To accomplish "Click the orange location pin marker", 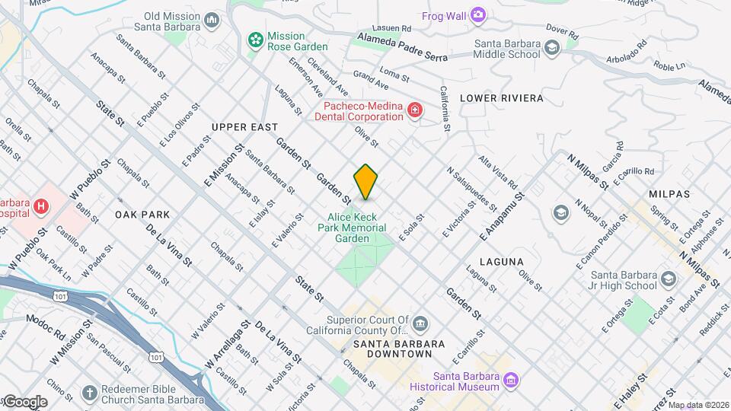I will (365, 182).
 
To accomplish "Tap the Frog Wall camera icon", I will (477, 14).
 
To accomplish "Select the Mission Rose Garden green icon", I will (255, 38).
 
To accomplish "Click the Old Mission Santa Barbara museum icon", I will (212, 20).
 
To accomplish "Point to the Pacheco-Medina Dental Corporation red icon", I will (414, 111).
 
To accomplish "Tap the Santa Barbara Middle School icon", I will (551, 48).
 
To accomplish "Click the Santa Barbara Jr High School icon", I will (669, 280).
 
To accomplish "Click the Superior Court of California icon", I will (420, 326).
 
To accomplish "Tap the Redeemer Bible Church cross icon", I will (90, 393).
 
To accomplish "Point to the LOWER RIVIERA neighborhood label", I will (501, 98).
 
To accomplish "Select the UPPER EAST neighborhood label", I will (244, 126).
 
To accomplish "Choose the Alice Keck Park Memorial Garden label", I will (353, 227).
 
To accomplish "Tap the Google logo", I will (25, 401).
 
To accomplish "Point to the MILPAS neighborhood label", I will (669, 194).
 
